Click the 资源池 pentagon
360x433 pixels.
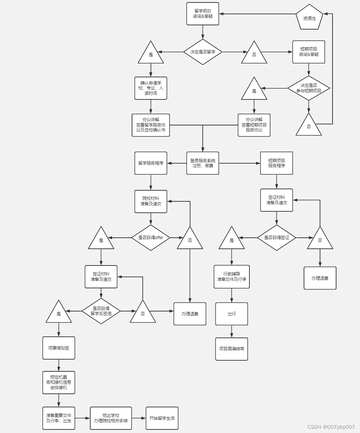[x=309, y=17]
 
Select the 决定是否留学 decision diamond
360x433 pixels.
[x=203, y=52]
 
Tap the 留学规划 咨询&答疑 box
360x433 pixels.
[x=203, y=14]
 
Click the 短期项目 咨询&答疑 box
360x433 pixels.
[x=309, y=52]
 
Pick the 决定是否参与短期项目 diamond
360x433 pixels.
[x=309, y=88]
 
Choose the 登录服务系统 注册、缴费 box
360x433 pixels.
[x=203, y=163]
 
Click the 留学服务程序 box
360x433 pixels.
[x=151, y=163]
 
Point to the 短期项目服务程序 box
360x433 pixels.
[x=277, y=163]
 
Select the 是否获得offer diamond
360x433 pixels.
[x=151, y=238]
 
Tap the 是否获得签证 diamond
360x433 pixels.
[x=277, y=238]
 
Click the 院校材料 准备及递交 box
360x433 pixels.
[x=151, y=201]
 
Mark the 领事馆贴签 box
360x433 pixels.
[x=59, y=348]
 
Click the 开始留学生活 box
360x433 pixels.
[x=162, y=418]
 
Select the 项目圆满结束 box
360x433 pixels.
[x=232, y=349]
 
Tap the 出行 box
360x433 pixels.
[x=232, y=314]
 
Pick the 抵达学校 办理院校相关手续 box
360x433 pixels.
[x=111, y=418]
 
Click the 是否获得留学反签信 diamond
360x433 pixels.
[x=101, y=311]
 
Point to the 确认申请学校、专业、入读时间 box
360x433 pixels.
[x=151, y=88]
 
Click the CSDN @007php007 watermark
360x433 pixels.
[x=331, y=427]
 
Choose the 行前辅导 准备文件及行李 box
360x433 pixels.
[x=232, y=277]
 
